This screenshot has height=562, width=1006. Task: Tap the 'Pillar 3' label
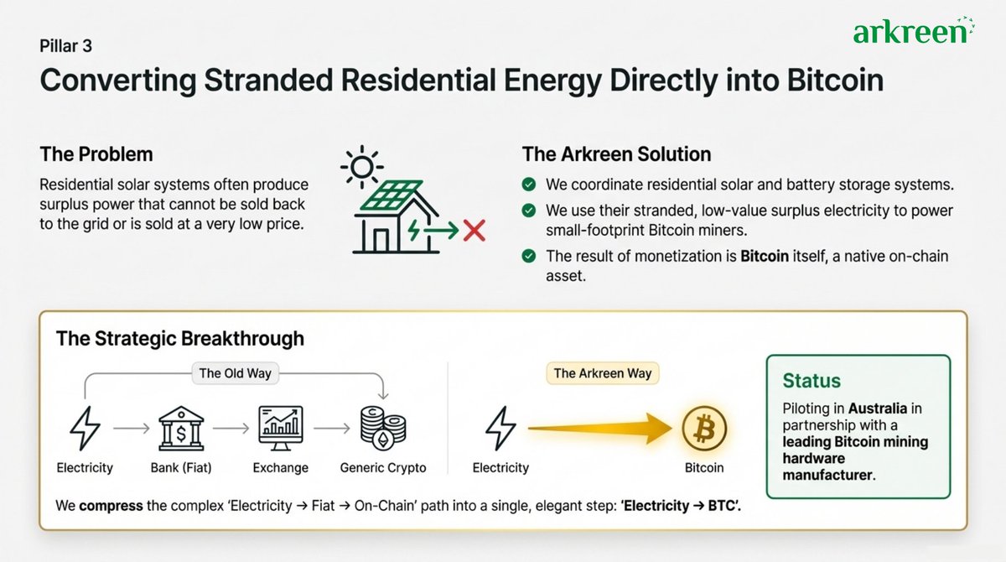[66, 46]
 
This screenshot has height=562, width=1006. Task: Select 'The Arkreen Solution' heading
[616, 155]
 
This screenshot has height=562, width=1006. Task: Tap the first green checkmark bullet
[528, 185]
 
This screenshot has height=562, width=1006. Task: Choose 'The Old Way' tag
[235, 373]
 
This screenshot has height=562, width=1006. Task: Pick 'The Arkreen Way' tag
[602, 373]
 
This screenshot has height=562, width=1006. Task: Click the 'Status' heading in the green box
[812, 381]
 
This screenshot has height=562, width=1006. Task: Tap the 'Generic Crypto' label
[383, 468]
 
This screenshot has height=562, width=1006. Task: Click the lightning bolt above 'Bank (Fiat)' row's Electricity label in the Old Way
[83, 428]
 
